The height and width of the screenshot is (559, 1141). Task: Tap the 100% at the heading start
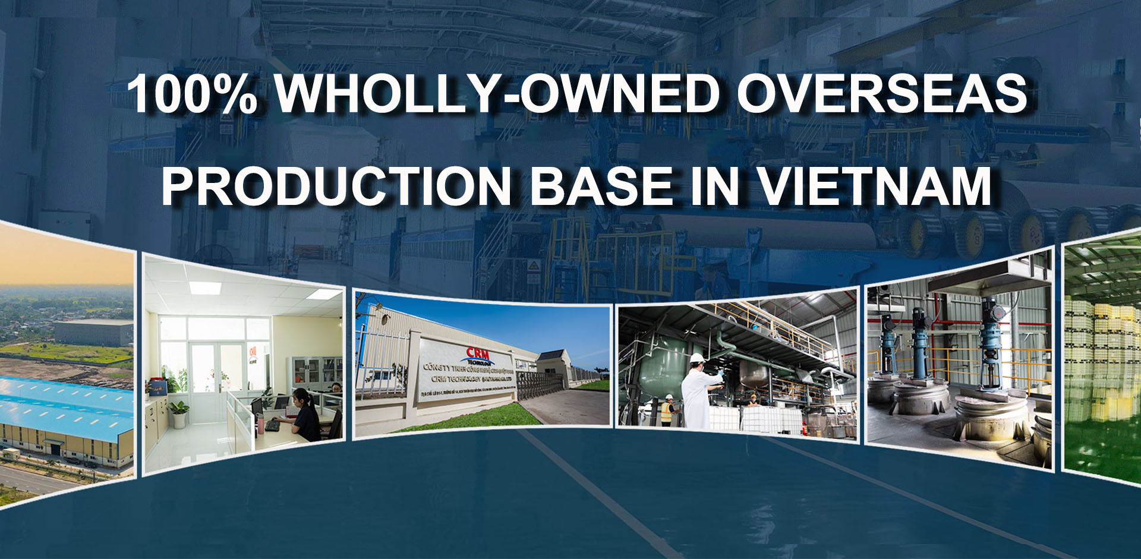[192, 94]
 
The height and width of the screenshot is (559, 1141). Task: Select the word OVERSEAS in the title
[882, 94]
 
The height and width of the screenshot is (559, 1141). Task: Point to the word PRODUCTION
[336, 186]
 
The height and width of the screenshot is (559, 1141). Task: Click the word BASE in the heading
[601, 186]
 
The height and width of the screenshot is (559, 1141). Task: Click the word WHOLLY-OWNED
[497, 94]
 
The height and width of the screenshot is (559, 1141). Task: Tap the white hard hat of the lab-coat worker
[696, 358]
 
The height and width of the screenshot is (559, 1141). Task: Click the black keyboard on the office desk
[273, 425]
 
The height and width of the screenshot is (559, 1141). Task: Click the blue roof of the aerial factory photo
[59, 404]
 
